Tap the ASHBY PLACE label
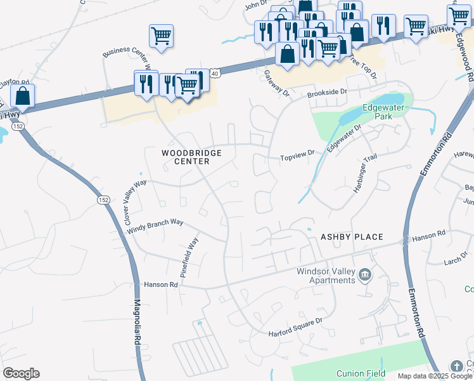[352, 237]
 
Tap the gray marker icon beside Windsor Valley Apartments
[365, 275]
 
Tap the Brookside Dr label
[327, 93]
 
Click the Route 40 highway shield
[215, 74]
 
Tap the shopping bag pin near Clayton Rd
[23, 97]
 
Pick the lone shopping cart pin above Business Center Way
[162, 36]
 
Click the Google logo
[21, 373]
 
